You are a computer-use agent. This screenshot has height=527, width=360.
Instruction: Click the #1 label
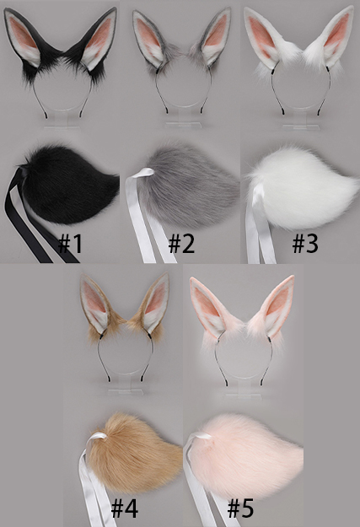pos(70,244)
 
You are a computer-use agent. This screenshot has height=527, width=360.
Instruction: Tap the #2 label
pos(181,244)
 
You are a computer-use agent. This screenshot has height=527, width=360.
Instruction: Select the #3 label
pos(305,244)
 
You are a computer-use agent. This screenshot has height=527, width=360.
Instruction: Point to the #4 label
pos(125,508)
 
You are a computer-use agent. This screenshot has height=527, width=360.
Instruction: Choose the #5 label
pos(240,508)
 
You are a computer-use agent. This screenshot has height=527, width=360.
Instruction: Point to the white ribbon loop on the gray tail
pos(144,173)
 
